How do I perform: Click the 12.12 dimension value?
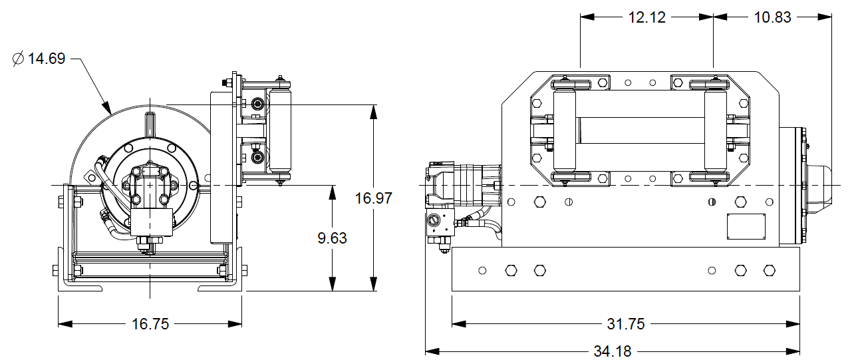646,18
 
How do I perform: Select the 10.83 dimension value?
773,18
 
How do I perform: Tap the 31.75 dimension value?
626,324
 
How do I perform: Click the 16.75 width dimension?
150,324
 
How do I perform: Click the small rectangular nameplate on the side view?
746,226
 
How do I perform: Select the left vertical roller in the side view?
564,130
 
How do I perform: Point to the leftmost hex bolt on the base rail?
511,270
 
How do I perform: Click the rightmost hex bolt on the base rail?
770,270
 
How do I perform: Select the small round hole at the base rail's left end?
482,270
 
